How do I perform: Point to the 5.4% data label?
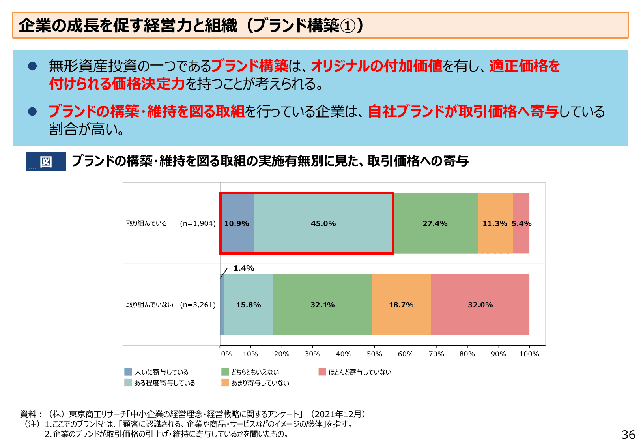(x=521, y=223)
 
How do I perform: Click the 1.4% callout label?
(x=244, y=268)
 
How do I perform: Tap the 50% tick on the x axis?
(x=374, y=354)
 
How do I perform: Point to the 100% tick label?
(x=529, y=354)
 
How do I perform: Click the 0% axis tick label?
(x=226, y=354)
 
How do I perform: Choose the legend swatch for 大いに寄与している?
(x=128, y=372)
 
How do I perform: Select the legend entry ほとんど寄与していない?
(x=360, y=372)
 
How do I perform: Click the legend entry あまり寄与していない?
(x=260, y=383)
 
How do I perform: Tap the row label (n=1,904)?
(x=198, y=223)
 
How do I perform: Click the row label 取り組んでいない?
(x=150, y=305)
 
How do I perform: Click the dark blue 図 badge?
(x=46, y=161)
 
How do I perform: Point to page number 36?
(x=628, y=435)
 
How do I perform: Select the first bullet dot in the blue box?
(x=32, y=66)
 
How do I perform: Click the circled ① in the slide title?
(x=348, y=26)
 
